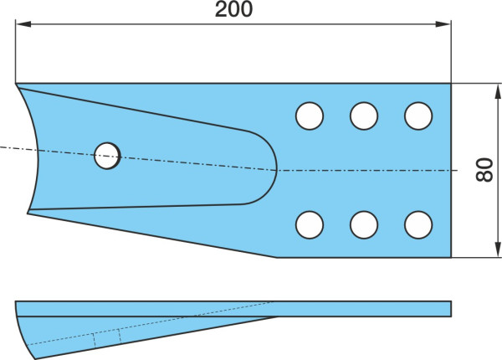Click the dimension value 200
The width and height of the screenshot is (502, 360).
tap(233, 9)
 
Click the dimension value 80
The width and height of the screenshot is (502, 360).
tap(484, 170)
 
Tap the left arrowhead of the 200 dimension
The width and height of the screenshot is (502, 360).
tap(23, 24)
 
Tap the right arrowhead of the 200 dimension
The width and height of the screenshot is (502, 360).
tap(443, 24)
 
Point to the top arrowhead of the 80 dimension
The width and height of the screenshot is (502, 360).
tap(498, 91)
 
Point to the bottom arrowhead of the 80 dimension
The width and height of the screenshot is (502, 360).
tap(498, 249)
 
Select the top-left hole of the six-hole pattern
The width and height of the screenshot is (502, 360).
tap(310, 116)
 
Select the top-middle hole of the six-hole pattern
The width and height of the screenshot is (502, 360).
tap(364, 116)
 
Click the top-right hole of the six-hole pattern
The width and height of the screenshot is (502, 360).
tap(418, 116)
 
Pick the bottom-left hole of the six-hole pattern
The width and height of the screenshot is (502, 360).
tap(310, 225)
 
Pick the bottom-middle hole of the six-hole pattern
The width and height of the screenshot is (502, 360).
tap(364, 225)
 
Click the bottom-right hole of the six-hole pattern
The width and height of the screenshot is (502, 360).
tap(418, 225)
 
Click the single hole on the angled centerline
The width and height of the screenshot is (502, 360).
tap(107, 156)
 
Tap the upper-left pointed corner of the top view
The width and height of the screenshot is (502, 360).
tap(16, 84)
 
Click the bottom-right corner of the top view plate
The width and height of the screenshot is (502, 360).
tap(451, 257)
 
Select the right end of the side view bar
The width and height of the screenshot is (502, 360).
tap(451, 309)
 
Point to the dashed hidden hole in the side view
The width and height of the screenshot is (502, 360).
tap(107, 340)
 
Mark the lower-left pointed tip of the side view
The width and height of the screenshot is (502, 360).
tap(35, 358)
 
